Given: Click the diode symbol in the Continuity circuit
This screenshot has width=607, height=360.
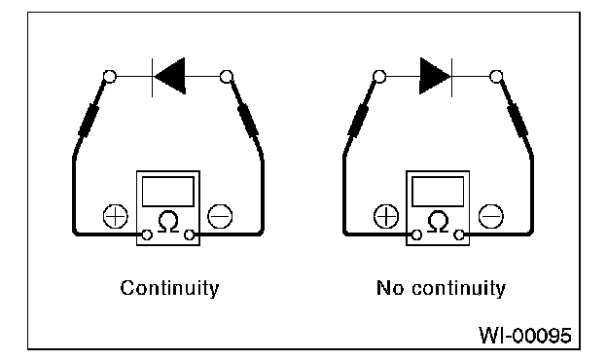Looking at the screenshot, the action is pos(169,76).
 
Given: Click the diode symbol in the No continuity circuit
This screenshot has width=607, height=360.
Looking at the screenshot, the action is pos(436,76).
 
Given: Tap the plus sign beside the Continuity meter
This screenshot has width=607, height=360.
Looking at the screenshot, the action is pos(116,216).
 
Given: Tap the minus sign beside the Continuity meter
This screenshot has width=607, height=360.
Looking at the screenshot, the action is pos(220,216).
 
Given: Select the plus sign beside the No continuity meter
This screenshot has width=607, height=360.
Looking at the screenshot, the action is pos(386,216).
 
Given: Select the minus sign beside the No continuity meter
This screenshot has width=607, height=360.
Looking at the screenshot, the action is pos(491,216).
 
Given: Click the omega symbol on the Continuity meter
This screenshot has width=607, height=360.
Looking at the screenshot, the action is pos(168,222).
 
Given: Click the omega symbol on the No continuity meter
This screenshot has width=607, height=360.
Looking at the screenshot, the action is pos(438,222).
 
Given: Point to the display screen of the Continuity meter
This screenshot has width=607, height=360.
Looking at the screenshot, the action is pos(168,192).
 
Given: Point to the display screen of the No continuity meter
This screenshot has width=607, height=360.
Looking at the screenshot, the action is pos(438,192).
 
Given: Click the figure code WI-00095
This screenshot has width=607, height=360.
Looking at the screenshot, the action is pos(525,336).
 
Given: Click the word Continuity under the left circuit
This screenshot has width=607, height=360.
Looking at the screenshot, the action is pos(169,288).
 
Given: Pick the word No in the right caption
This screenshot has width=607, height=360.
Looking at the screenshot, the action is pos(391,288).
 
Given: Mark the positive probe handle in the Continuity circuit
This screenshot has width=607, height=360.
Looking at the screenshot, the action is pos(89,119).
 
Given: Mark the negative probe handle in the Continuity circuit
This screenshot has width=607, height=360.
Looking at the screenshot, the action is pos(248,119).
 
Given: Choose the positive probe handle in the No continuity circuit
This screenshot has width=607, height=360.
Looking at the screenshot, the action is pos(359,119).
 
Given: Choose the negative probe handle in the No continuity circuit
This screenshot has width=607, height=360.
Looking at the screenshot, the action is pos(518,119).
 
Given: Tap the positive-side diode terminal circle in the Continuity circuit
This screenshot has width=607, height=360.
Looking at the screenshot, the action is pos(110,76).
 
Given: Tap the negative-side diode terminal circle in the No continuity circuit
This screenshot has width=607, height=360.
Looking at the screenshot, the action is pos(496,76).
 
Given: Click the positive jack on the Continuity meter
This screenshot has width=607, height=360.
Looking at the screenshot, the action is pos(147,234).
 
